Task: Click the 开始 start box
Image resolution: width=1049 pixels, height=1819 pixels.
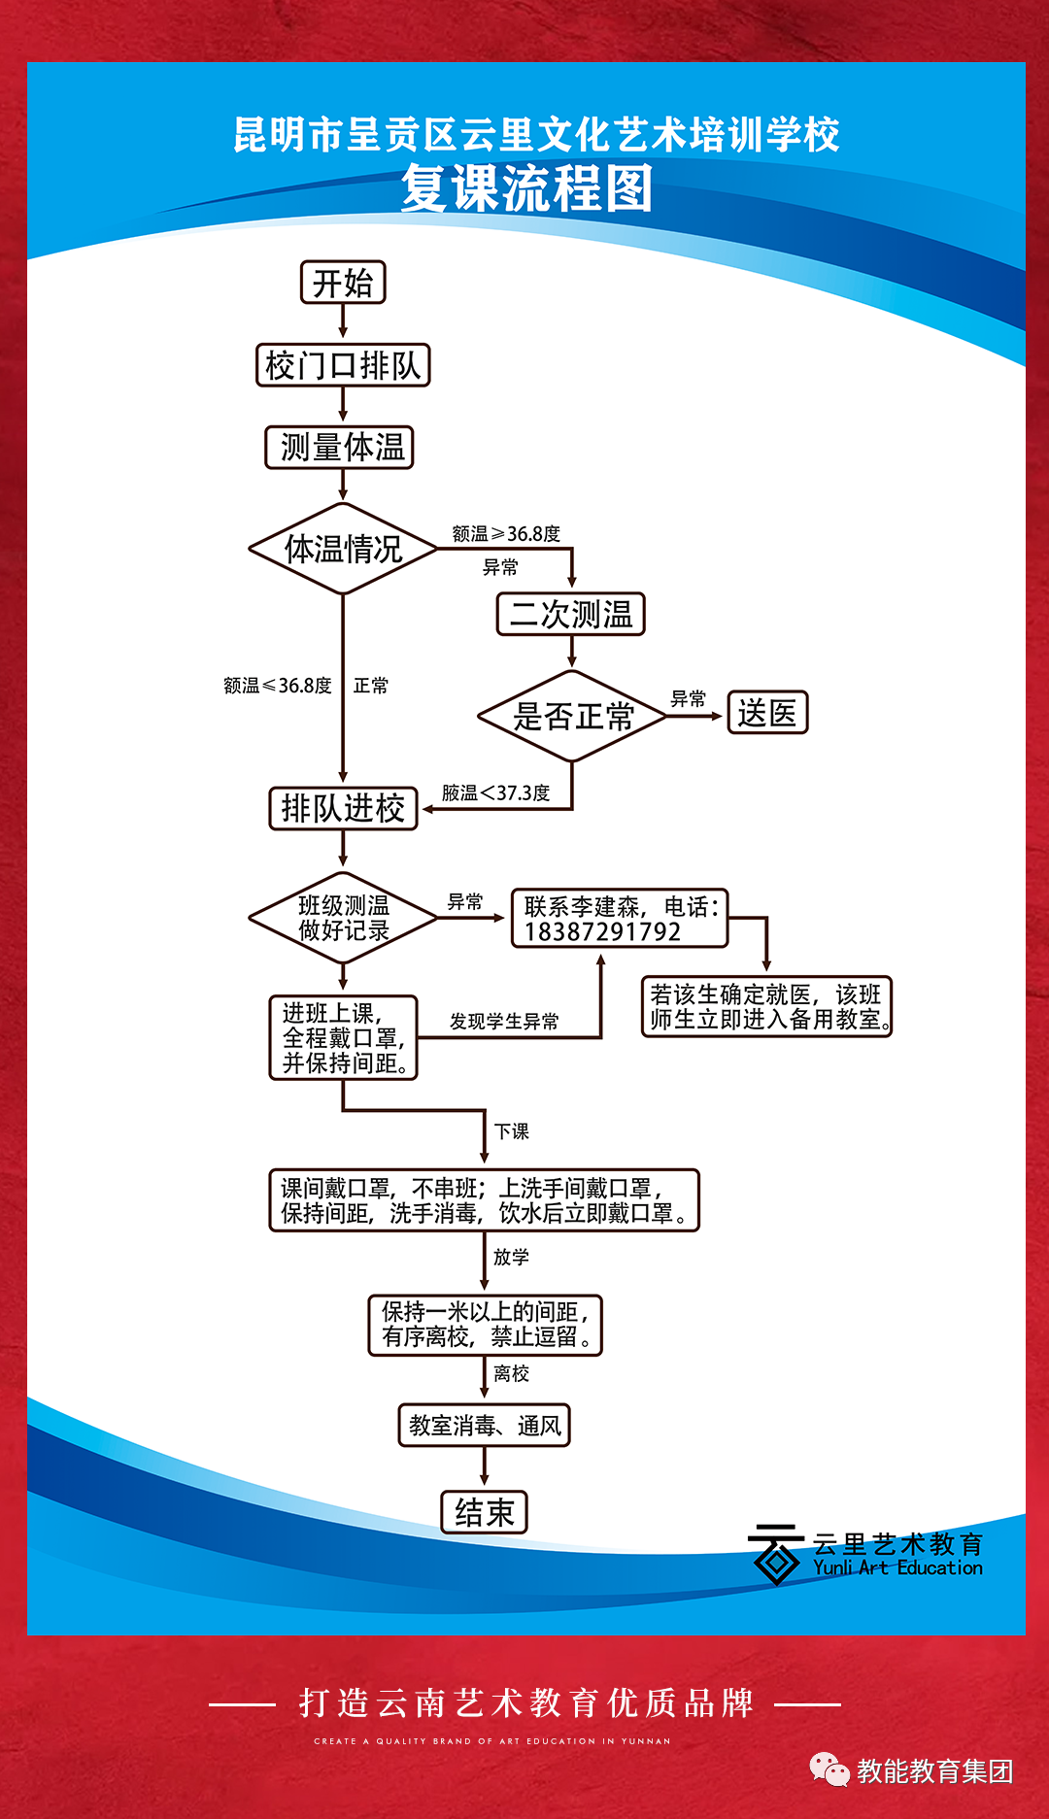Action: pyautogui.click(x=343, y=283)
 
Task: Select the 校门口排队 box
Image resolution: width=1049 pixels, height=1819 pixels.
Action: pyautogui.click(x=343, y=365)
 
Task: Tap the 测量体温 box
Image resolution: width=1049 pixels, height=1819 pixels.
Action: pyautogui.click(x=340, y=447)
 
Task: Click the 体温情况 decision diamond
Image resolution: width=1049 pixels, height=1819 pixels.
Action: pyautogui.click(x=343, y=549)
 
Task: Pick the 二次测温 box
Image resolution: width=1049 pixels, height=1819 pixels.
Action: pyautogui.click(x=571, y=614)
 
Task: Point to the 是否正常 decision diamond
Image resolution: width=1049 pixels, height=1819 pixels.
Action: pyautogui.click(x=572, y=717)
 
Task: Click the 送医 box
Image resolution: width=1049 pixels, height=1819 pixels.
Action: pyautogui.click(x=767, y=713)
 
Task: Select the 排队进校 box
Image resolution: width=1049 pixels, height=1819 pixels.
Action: pyautogui.click(x=343, y=808)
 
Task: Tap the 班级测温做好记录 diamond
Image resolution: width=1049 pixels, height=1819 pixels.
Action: pyautogui.click(x=343, y=918)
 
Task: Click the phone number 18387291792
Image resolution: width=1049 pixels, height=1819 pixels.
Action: pyautogui.click(x=602, y=932)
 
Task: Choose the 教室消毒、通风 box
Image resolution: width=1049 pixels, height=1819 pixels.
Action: pyautogui.click(x=485, y=1426)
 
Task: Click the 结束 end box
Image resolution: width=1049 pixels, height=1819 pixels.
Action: pyautogui.click(x=485, y=1512)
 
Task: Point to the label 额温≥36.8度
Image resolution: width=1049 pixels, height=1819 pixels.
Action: pyautogui.click(x=506, y=534)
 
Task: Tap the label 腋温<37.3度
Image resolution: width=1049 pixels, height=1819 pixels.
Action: pyautogui.click(x=495, y=793)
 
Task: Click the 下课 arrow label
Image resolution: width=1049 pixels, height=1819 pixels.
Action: pyautogui.click(x=511, y=1131)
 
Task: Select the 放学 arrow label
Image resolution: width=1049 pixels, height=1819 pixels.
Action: pyautogui.click(x=511, y=1257)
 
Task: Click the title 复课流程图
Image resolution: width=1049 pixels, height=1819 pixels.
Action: pyautogui.click(x=526, y=188)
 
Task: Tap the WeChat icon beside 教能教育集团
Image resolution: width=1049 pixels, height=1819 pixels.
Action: pyautogui.click(x=829, y=1770)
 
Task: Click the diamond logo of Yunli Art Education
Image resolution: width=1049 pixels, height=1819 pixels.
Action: pyautogui.click(x=775, y=1555)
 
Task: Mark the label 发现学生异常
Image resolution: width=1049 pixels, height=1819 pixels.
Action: pyautogui.click(x=504, y=1022)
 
